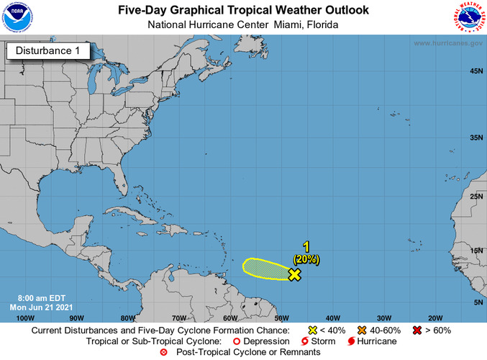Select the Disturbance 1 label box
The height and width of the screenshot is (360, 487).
pyautogui.click(x=48, y=51)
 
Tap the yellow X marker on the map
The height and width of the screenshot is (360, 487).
pyautogui.click(x=293, y=274)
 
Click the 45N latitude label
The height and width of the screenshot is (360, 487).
pyautogui.click(x=475, y=71)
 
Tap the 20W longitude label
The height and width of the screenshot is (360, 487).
pyautogui.click(x=434, y=318)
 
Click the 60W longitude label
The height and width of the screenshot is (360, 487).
pyautogui.click(x=230, y=318)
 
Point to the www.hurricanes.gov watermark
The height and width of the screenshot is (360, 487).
pyautogui.click(x=447, y=43)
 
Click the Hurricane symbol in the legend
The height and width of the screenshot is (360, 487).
pyautogui.click(x=351, y=341)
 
